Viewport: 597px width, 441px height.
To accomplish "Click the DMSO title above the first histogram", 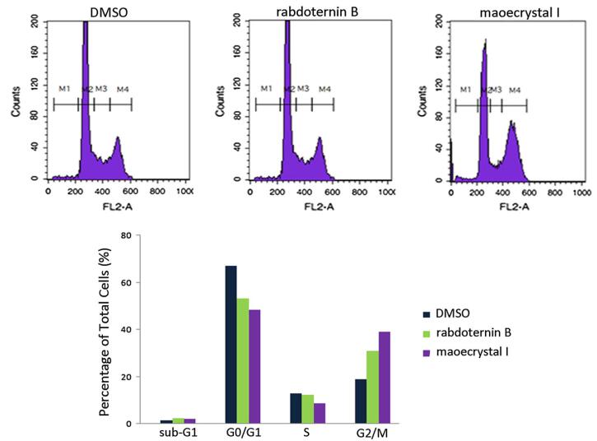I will [x=108, y=9].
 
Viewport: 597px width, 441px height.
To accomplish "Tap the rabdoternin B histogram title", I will [x=311, y=9].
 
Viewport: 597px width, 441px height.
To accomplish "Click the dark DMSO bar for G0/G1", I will [x=232, y=345].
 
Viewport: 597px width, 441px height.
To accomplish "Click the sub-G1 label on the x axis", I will [x=178, y=432].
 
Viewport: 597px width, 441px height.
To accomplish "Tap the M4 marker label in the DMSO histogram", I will [x=123, y=89].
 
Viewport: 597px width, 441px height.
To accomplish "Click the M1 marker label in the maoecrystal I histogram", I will [x=465, y=89].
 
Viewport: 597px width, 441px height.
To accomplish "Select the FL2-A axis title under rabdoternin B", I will [x=310, y=206].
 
